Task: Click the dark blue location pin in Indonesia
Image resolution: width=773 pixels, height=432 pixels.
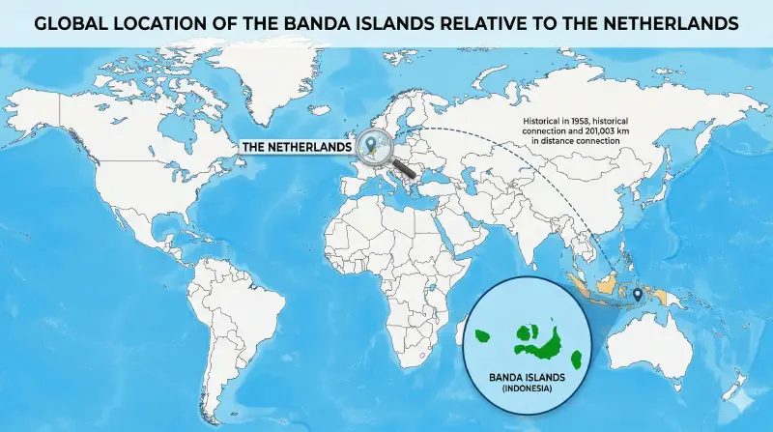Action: coord(639,294)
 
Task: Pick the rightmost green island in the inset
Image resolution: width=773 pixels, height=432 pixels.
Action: coord(576,360)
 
